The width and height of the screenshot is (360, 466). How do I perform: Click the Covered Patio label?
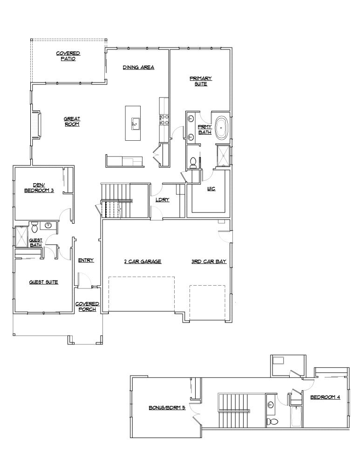pyautogui.click(x=68, y=56)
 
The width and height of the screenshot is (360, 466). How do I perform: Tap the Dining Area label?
pyautogui.click(x=138, y=68)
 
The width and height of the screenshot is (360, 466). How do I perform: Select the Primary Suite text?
pyautogui.click(x=201, y=81)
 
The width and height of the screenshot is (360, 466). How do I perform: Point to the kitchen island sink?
pyautogui.click(x=136, y=123)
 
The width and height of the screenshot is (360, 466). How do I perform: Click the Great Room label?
pyautogui.click(x=72, y=122)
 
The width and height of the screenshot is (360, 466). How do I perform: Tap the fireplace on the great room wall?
pyautogui.click(x=36, y=125)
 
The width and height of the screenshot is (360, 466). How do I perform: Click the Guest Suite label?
pyautogui.click(x=43, y=282)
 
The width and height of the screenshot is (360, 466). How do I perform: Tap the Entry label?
pyautogui.click(x=86, y=260)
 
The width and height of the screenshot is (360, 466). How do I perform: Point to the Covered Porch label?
pyautogui.click(x=87, y=306)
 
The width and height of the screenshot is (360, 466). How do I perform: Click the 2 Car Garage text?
pyautogui.click(x=142, y=262)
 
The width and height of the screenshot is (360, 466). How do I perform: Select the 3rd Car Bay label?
pyautogui.click(x=209, y=262)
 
